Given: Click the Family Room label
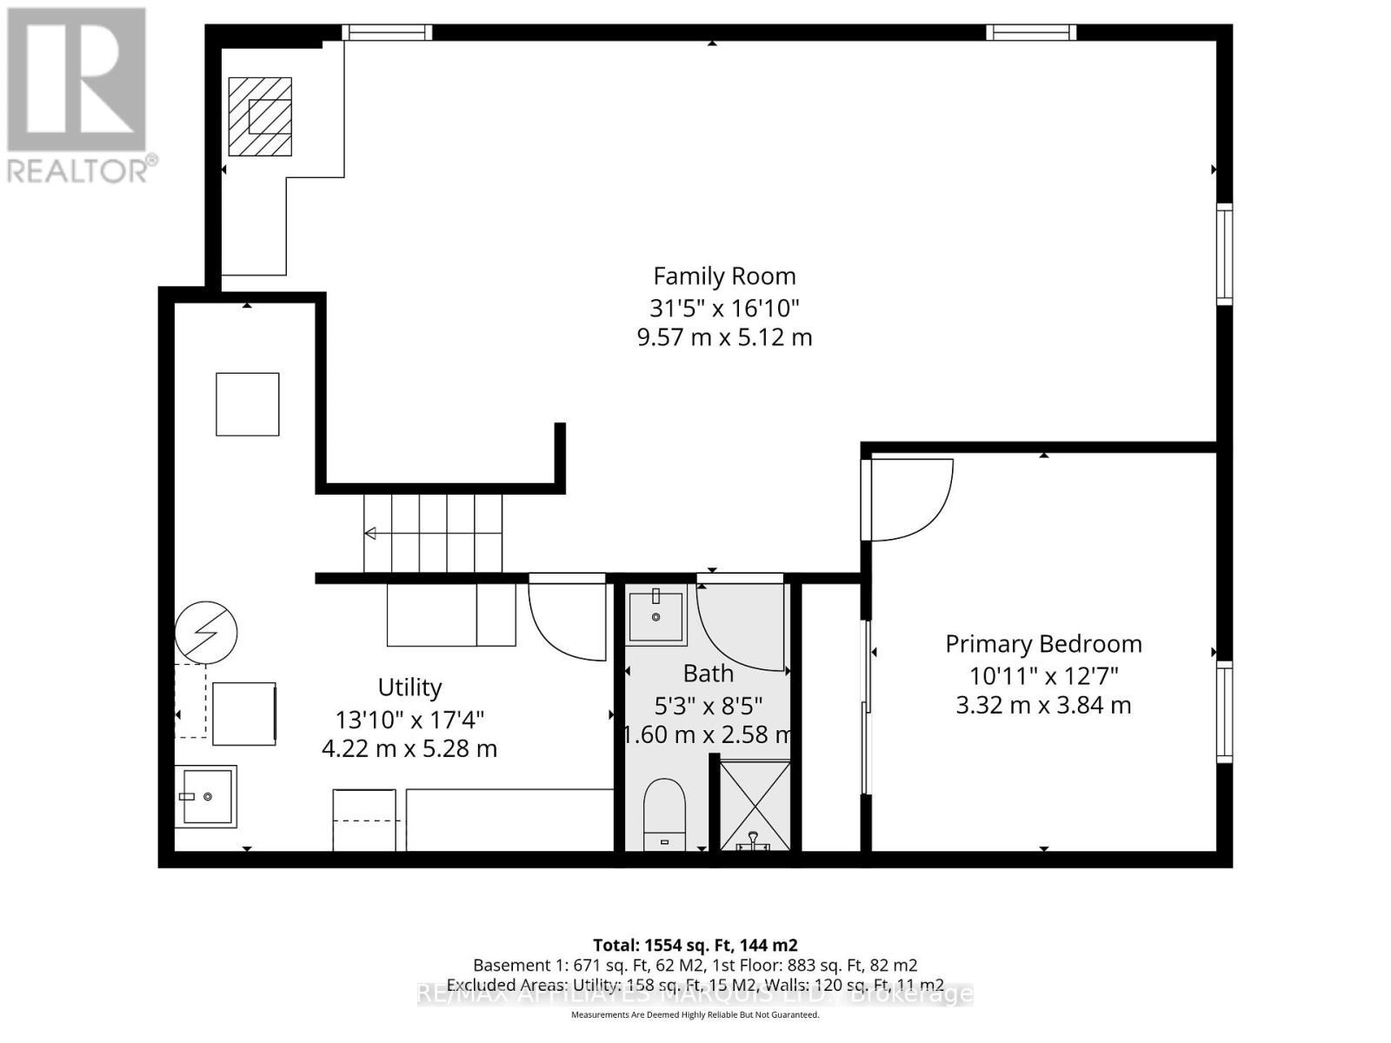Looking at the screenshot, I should (x=724, y=276).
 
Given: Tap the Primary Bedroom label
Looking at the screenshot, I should (x=1043, y=644).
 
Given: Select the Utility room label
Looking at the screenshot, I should (x=409, y=688).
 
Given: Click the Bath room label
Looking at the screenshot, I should (x=708, y=674).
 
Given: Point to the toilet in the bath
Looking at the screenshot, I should (x=665, y=813).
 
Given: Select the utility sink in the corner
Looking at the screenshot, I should (x=205, y=796).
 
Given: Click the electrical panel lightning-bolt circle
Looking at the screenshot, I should (x=206, y=632).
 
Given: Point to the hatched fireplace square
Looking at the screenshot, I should (x=260, y=116).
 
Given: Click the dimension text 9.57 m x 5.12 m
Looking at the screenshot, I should (x=724, y=337).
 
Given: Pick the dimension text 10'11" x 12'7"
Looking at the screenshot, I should (x=1043, y=675).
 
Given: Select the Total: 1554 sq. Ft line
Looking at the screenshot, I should (x=695, y=945).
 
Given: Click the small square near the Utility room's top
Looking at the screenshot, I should (x=248, y=404).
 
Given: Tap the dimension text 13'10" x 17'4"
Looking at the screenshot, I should (x=409, y=720).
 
